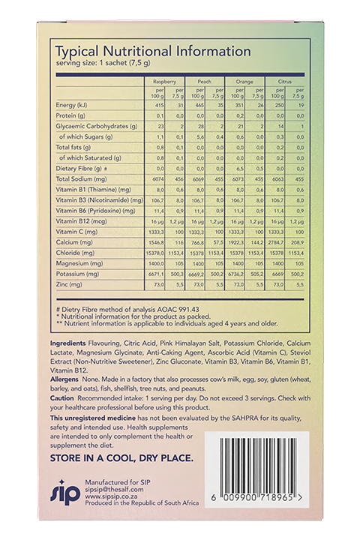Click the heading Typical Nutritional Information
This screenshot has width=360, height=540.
point(153,52)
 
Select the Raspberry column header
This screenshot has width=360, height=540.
point(164,81)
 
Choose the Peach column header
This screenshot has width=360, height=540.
point(204,81)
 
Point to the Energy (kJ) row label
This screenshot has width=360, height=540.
point(72,105)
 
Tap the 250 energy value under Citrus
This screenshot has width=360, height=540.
point(278,105)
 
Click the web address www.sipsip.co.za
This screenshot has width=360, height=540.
point(111,496)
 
